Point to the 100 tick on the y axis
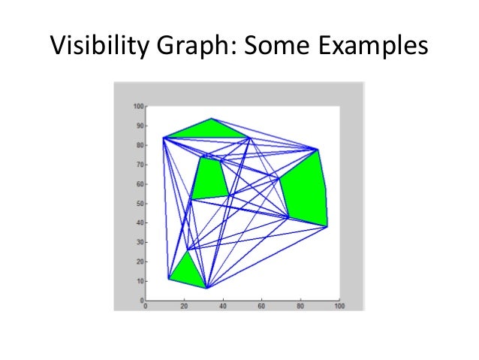137,106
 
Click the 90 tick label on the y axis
139,126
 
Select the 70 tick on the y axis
139,165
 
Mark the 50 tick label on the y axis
139,204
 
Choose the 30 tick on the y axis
139,243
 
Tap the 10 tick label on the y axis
139,281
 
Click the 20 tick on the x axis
184,306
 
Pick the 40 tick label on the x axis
223,306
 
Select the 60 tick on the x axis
262,306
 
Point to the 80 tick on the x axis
300,306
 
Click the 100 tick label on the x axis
339,306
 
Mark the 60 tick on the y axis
139,184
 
